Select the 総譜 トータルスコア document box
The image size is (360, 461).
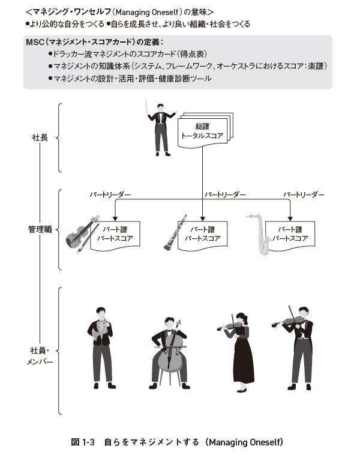203,131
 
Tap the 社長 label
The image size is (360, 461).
40,137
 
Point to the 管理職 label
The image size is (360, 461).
40,229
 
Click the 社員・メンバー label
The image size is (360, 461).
40,355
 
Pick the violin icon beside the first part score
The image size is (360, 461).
83,234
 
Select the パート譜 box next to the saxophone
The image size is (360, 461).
290,234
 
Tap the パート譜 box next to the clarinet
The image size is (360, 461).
202,234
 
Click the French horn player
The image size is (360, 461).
101,345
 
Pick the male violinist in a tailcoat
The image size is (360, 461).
300,345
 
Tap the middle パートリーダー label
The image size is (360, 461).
225,195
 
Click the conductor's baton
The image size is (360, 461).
148,108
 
